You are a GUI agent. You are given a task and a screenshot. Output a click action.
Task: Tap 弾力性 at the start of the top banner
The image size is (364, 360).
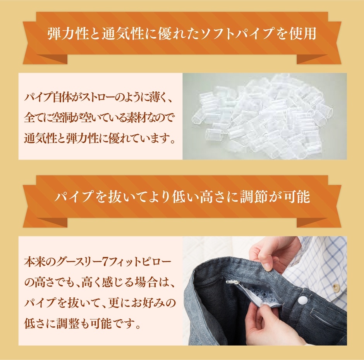67,34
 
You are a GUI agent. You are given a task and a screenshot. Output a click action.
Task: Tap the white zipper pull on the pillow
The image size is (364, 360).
232,282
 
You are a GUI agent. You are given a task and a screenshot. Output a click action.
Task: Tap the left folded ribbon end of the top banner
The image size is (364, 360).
45,59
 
